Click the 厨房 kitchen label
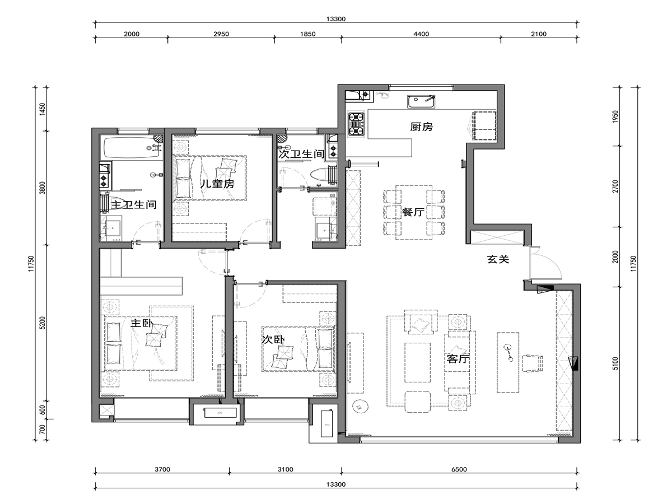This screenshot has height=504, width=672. pos(421,127)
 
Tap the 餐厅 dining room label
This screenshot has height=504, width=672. pos(413,212)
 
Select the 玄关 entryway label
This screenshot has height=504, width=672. pos(498,259)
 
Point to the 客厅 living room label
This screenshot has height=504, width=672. pos(458,358)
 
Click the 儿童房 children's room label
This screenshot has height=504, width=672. pos(217,184)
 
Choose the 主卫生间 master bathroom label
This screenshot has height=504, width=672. pos(134,204)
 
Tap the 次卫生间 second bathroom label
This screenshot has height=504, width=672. pos(301,154)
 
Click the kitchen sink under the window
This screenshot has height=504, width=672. pos(421,101)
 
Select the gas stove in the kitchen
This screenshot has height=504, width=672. pos(357,124)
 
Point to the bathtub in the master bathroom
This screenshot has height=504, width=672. pos(132,147)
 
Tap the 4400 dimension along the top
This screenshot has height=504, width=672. pos(421,34)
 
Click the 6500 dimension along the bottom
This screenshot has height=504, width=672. pos(459,469)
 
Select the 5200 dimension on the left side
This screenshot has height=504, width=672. pos(43,323)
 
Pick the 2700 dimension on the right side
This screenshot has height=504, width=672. pos(616,186)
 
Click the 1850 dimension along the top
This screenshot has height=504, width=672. pos(307,34)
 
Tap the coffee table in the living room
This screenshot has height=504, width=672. pos(418,362)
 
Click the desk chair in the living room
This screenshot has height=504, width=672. pos(533,363)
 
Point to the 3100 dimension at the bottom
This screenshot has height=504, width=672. pos(286,469)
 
